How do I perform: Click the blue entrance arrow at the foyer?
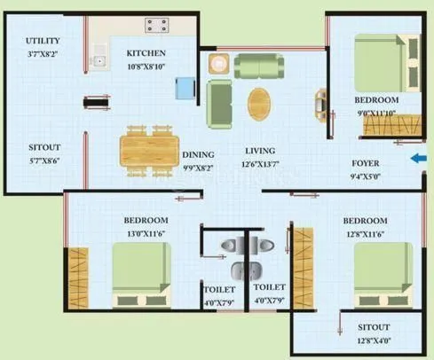pos(417,159)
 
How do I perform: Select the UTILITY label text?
pos(43,41)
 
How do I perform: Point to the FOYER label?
pos(367,163)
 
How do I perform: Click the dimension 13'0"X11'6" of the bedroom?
pos(146,232)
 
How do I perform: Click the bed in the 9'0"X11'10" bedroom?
pos(386,64)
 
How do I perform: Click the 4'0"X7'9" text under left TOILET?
pos(218,303)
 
